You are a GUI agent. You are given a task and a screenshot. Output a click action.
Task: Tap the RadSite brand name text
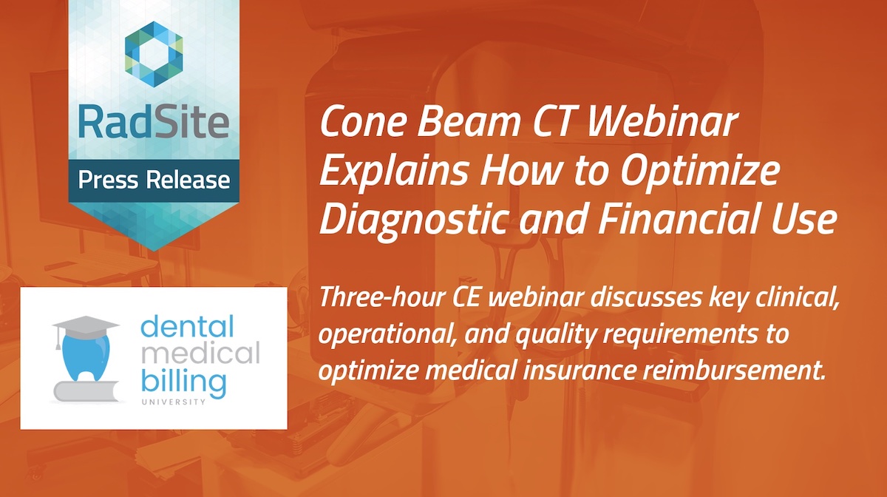tap(154, 122)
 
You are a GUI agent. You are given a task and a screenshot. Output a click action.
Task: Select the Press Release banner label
tap(154, 180)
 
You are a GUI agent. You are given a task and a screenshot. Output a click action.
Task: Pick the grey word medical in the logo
tap(200, 354)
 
